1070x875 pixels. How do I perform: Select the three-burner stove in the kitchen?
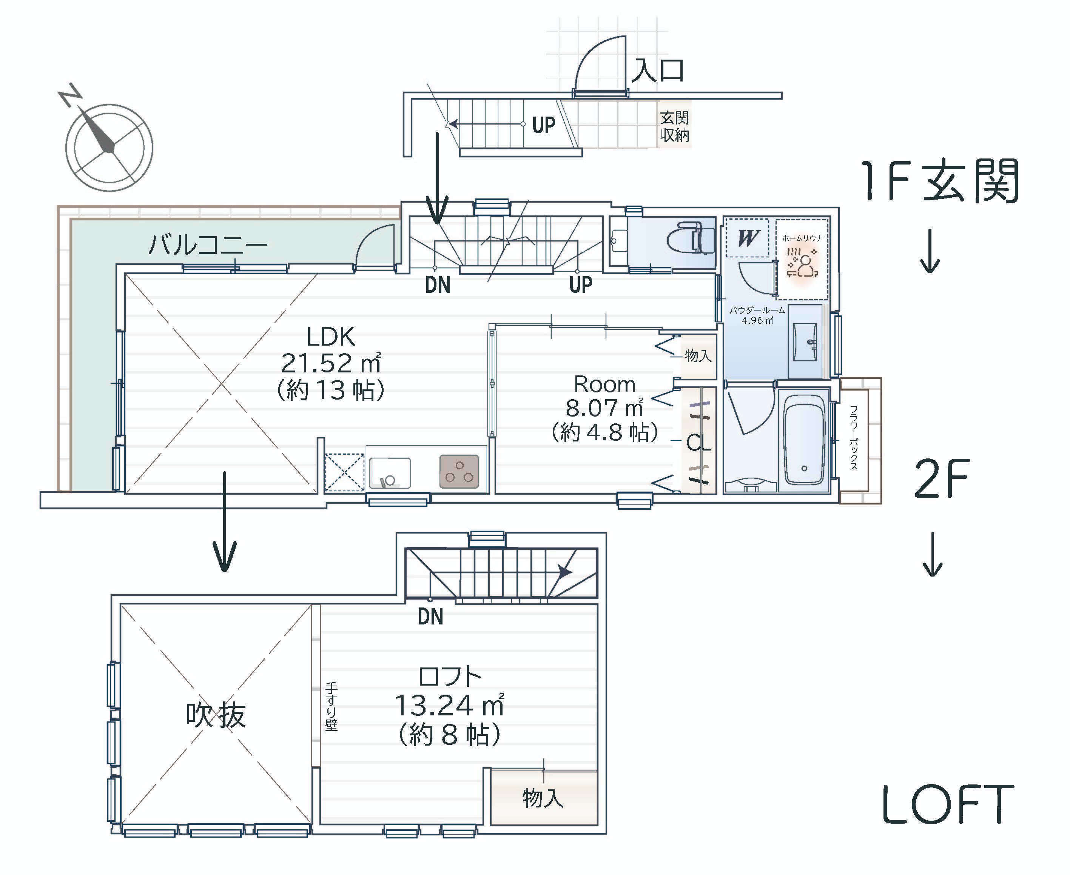point(459,471)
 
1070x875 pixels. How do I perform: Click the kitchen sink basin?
point(389,473)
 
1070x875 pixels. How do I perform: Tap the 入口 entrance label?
point(658,70)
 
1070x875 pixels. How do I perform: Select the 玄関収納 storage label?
point(675,126)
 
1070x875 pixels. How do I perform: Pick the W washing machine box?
point(747,237)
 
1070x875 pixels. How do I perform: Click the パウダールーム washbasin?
point(805,342)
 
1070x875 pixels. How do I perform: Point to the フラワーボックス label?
point(854,438)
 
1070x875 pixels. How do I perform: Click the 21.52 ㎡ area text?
point(331,363)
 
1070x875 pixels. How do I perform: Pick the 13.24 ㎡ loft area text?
point(449,705)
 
